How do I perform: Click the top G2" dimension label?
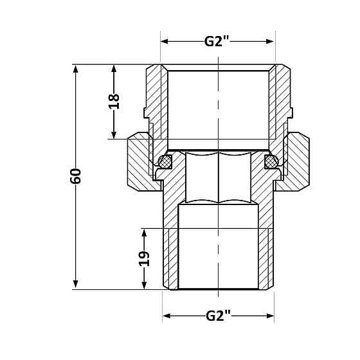[217, 42]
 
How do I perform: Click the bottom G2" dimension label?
[218, 316]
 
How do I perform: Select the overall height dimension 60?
[76, 176]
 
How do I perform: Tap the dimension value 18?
[114, 102]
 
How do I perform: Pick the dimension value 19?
[144, 258]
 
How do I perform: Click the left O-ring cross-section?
[165, 161]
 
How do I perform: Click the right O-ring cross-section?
[271, 161]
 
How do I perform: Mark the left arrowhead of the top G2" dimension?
[165, 42]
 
